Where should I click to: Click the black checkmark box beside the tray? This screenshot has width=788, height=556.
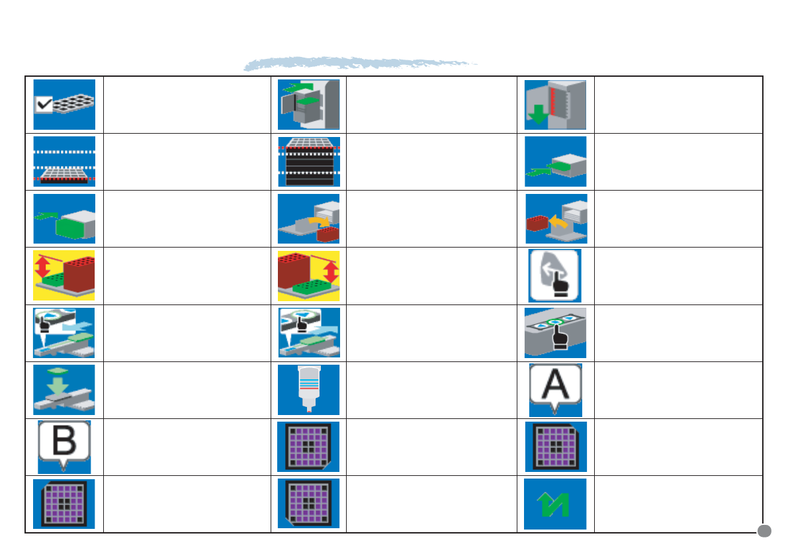click(45, 104)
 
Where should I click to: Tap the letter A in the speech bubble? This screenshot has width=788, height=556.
click(555, 383)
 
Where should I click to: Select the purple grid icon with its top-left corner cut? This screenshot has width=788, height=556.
click(64, 504)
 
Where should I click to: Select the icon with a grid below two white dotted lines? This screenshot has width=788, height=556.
click(64, 162)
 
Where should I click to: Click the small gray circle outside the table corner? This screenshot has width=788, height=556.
click(764, 530)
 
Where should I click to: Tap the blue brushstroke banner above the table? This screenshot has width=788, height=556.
click(361, 64)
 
